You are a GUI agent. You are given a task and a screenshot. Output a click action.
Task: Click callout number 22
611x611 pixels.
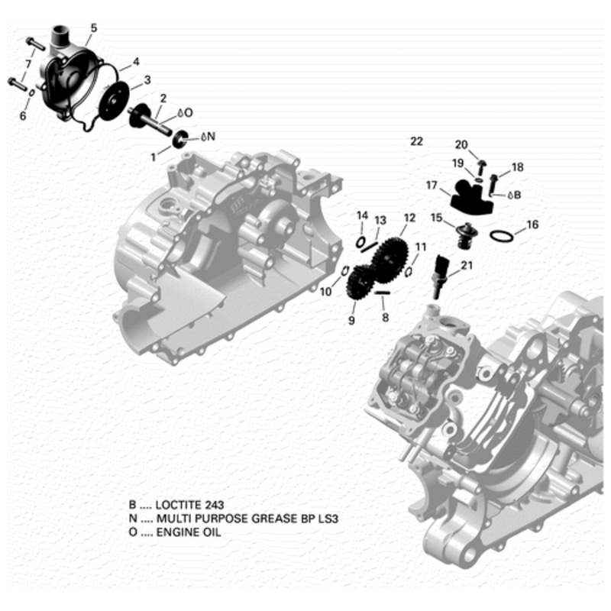click(415, 141)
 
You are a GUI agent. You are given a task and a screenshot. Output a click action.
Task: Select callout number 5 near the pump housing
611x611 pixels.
click(93, 28)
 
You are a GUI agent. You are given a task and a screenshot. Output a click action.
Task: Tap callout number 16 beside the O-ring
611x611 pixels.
click(532, 225)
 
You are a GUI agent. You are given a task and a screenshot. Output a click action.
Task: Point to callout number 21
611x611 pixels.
click(467, 266)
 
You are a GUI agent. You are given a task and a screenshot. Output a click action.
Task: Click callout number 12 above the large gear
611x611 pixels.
click(409, 218)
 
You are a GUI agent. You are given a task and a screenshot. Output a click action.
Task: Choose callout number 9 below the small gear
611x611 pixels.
click(351, 321)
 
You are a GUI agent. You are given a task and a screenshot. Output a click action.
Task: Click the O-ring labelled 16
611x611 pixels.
click(500, 236)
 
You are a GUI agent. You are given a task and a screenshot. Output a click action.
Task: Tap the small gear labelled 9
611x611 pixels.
click(358, 283)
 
